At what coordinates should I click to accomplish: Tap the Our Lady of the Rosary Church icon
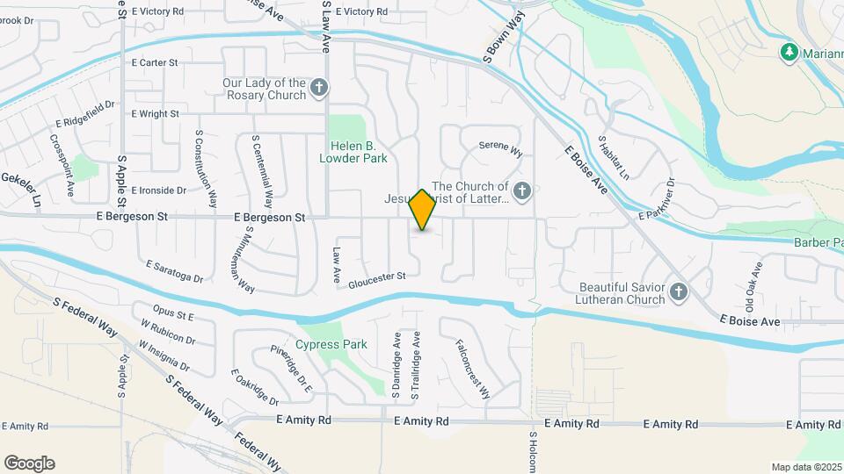click(319, 88)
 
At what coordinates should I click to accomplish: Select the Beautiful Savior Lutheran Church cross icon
click(678, 292)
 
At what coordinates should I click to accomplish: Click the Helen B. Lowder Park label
click(359, 153)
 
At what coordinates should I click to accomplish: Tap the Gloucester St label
click(376, 278)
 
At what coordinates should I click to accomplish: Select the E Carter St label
click(155, 63)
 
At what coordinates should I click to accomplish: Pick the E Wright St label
click(155, 114)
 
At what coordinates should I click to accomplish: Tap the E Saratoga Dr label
click(174, 271)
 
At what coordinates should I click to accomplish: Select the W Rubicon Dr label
click(166, 332)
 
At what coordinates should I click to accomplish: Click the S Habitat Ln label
click(613, 157)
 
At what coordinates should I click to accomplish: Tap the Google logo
click(29, 463)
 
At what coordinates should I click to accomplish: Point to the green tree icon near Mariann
click(789, 53)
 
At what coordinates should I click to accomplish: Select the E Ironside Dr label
click(158, 190)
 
